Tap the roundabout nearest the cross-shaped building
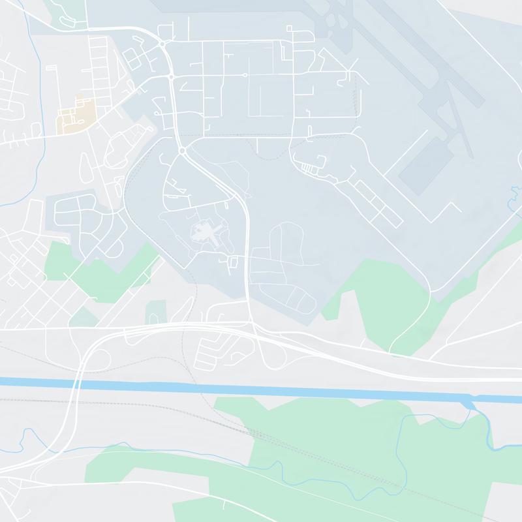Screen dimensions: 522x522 182,151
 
